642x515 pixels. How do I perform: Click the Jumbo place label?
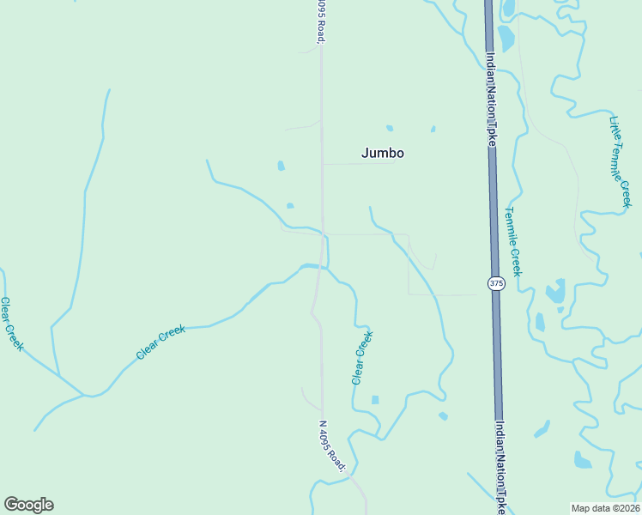(382, 154)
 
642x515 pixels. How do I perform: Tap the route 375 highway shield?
(495, 283)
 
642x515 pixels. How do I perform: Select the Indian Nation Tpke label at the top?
(491, 99)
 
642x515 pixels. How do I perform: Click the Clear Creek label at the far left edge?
(11, 324)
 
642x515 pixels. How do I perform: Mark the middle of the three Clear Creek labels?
(160, 342)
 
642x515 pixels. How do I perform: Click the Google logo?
(28, 505)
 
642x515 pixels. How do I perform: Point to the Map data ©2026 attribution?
(606, 507)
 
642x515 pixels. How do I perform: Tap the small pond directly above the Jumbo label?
(390, 129)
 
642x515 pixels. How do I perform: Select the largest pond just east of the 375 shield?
(555, 292)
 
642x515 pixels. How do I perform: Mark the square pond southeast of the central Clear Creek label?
(375, 400)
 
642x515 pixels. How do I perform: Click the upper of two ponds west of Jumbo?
(281, 166)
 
